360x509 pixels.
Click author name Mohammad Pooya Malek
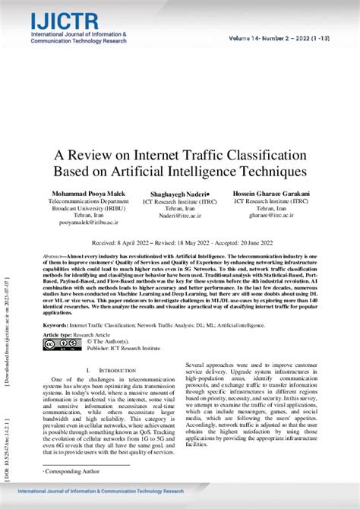(x=88, y=194)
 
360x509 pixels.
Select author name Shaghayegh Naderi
(x=179, y=194)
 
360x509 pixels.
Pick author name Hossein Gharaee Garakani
(x=270, y=194)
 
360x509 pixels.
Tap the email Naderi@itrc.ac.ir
(x=179, y=217)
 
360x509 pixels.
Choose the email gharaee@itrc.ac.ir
(x=270, y=217)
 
